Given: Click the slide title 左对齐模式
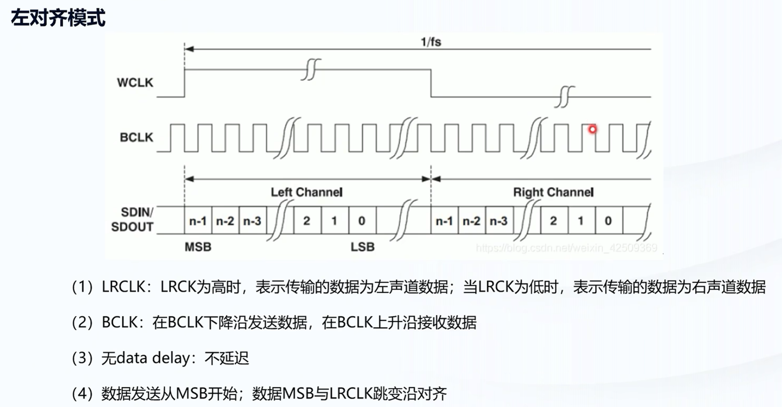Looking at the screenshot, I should click(x=58, y=18).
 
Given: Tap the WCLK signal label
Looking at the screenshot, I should click(x=135, y=83).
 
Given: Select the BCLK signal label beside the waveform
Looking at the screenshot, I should click(x=136, y=137).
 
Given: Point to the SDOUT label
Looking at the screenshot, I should click(x=132, y=227).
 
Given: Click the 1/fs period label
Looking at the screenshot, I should click(x=431, y=42).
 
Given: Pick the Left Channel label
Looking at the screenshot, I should click(x=306, y=192).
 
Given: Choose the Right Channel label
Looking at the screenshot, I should click(x=553, y=192).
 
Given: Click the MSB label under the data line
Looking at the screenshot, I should click(x=198, y=247).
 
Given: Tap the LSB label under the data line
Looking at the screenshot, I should click(x=362, y=247).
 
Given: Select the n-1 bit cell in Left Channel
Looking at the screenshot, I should click(x=198, y=221).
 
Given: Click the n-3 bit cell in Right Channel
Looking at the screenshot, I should click(x=499, y=221).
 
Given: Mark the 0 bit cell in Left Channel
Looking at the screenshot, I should click(x=362, y=221).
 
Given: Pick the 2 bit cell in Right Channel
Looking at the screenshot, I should click(x=553, y=221).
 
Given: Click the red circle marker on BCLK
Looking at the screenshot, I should click(x=592, y=129).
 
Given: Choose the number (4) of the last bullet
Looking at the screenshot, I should click(x=82, y=394).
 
